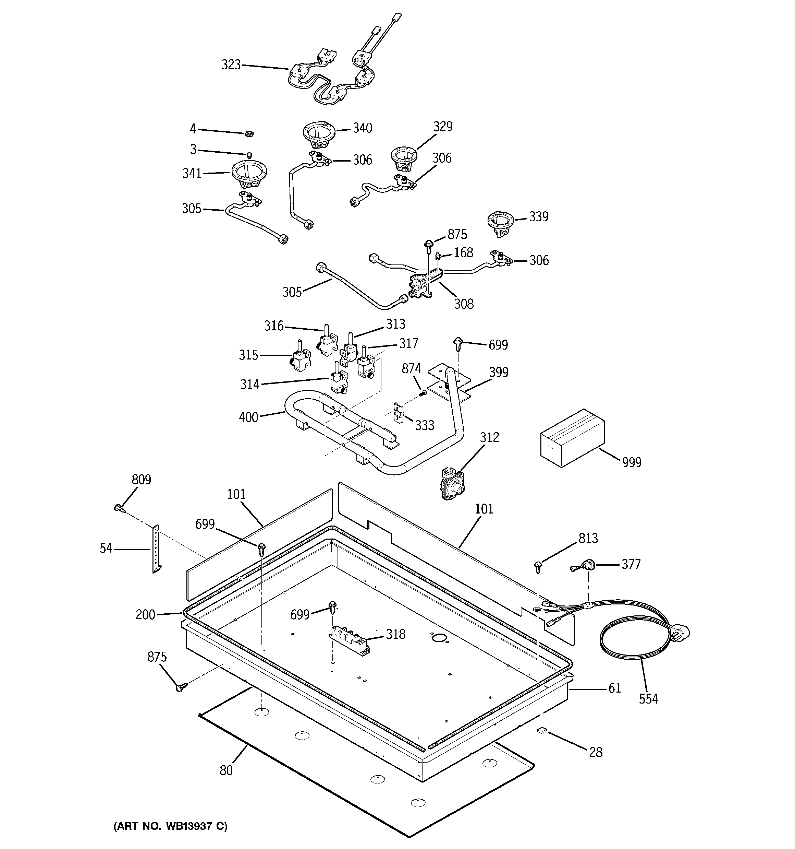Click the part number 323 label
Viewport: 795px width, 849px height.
231,65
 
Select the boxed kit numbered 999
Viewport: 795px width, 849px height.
572,437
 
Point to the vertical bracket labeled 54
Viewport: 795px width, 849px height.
156,549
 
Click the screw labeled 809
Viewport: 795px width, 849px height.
119,508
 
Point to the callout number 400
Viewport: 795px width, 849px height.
248,417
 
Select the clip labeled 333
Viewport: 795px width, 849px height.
398,413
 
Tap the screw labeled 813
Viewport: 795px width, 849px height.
537,566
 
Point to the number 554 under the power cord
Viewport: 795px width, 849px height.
648,699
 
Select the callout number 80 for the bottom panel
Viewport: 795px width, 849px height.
226,770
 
